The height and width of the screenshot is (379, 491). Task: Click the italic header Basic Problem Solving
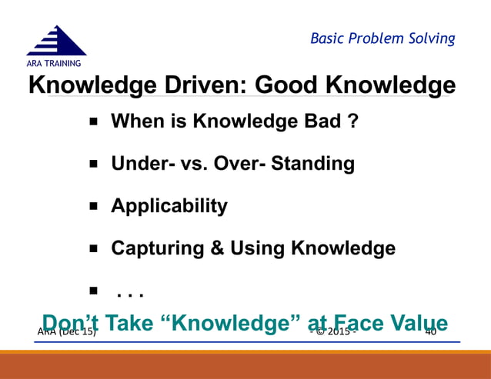pyautogui.click(x=382, y=38)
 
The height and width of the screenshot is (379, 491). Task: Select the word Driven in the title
pyautogui.click(x=199, y=85)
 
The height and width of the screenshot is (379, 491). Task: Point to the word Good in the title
pyautogui.click(x=290, y=85)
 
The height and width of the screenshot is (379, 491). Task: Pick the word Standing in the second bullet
pyautogui.click(x=316, y=165)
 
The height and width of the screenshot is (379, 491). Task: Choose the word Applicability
pyautogui.click(x=169, y=206)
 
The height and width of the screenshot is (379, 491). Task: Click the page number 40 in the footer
pyautogui.click(x=430, y=331)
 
